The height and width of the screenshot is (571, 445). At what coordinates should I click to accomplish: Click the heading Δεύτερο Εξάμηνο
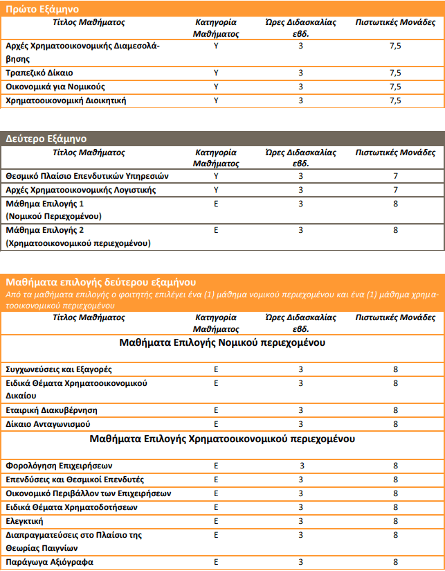(47, 137)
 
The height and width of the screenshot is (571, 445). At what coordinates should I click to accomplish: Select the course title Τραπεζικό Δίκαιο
(39, 73)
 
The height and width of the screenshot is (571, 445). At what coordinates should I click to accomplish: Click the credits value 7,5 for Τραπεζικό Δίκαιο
(395, 73)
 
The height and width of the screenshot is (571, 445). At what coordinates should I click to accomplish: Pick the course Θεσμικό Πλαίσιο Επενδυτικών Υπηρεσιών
(87, 176)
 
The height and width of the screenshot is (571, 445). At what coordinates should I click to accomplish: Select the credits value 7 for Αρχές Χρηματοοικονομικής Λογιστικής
(395, 190)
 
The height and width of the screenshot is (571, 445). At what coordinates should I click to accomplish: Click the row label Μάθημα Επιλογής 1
(44, 204)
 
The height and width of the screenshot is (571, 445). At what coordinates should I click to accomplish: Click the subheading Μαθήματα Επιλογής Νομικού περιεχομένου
(222, 342)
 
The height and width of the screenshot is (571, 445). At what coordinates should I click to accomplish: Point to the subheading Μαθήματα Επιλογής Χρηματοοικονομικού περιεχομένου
(222, 439)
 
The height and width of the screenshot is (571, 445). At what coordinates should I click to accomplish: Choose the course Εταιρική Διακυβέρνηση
(51, 410)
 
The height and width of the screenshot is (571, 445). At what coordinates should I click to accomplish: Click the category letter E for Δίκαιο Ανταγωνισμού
(216, 423)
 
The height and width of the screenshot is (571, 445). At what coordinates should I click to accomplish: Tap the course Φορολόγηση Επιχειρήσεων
(59, 465)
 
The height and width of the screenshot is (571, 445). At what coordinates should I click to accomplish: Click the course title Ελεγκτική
(25, 520)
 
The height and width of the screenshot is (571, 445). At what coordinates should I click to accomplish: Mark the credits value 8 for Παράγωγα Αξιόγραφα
(395, 562)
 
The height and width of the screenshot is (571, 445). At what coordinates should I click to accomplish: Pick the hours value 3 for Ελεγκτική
(301, 520)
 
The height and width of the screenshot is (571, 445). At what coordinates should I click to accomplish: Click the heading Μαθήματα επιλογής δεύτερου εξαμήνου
(101, 282)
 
